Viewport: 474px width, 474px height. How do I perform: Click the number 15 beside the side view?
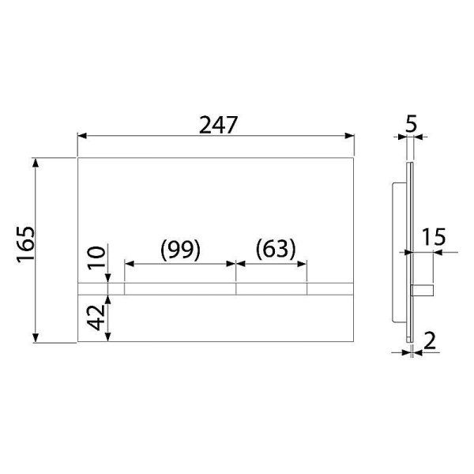434,237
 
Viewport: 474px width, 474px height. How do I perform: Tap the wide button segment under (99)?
180,288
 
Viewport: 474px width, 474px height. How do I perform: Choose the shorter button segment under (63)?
272,288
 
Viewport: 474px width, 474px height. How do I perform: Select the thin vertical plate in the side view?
409,253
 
